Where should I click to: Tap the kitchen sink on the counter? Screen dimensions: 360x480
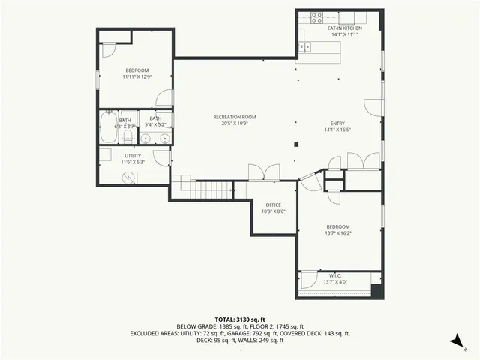coord(306,47)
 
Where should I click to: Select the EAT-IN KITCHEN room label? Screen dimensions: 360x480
coord(344,28)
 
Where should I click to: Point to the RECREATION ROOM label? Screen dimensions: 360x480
coord(235,117)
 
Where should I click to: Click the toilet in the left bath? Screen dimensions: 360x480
coord(127,139)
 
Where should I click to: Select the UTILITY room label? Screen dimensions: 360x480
coord(133,155)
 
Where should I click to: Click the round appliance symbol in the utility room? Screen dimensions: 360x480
coord(128,178)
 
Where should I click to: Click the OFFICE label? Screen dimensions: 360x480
coord(273,205)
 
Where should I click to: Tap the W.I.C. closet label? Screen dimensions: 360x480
coord(335,275)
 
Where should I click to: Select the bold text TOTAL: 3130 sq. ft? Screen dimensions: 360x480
coord(240,319)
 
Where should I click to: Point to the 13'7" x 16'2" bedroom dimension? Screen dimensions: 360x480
coord(337,233)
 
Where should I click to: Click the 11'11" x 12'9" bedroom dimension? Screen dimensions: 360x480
coord(136,76)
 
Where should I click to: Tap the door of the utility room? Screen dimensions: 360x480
coord(160,157)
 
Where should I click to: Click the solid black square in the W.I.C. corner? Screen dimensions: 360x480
coord(376,291)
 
